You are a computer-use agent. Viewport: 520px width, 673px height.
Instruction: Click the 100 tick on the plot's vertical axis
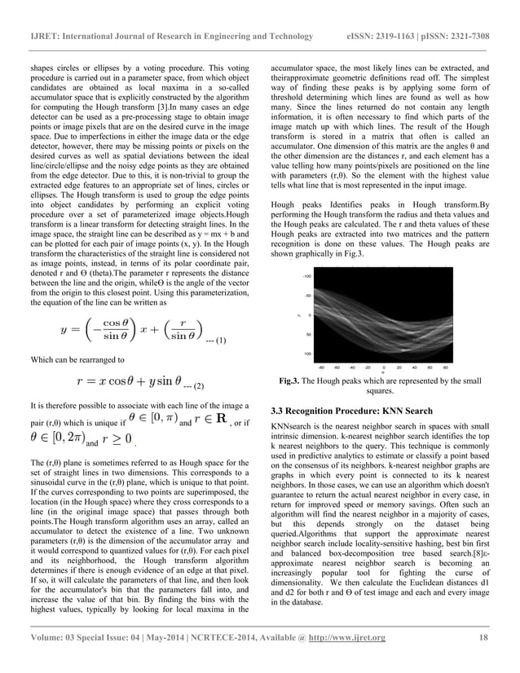pos(307,354)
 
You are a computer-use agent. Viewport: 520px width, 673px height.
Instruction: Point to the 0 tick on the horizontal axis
pos(384,367)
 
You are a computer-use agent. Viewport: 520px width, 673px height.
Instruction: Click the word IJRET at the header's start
pos(42,37)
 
